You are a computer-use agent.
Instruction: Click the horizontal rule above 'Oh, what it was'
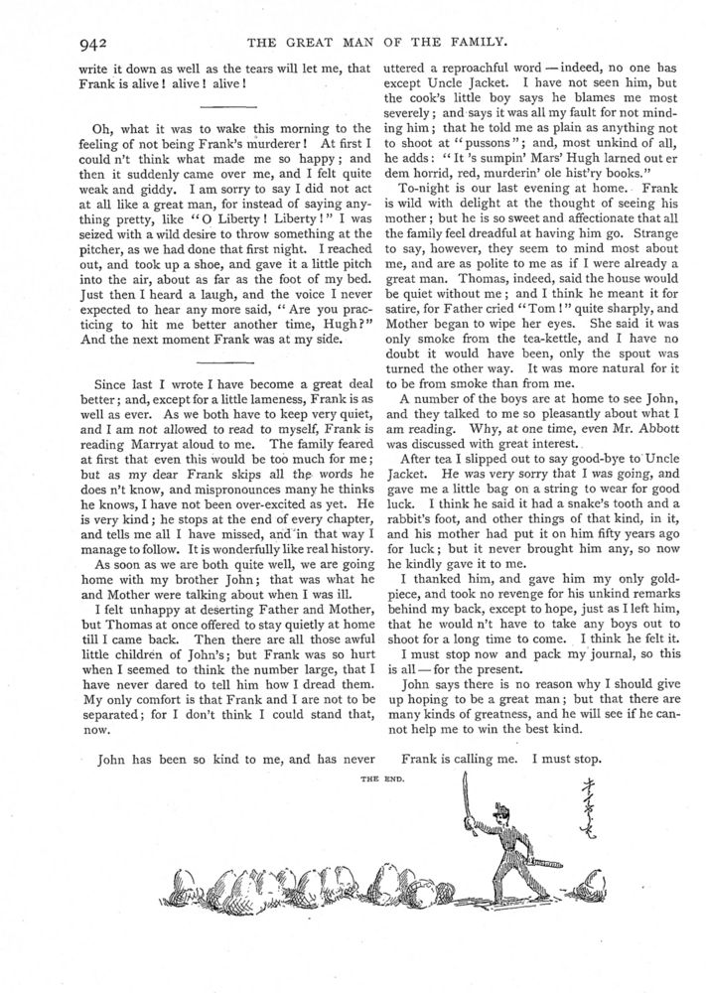[229, 104]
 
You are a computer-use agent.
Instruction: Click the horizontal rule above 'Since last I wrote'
[229, 362]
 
